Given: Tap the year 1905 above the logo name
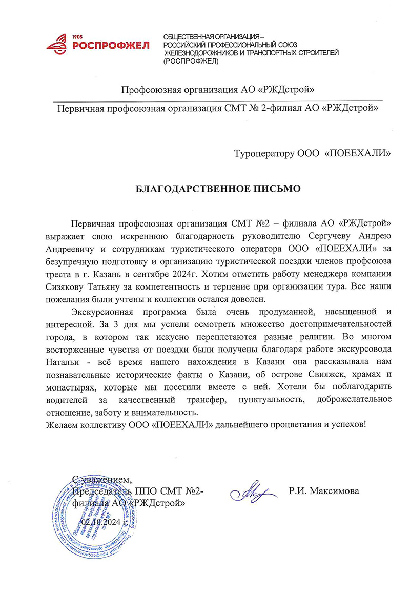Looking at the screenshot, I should click(78, 37).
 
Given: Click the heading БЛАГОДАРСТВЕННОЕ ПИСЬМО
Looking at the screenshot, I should click(218, 188).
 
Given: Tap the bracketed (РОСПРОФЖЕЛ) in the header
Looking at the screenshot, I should click(190, 61).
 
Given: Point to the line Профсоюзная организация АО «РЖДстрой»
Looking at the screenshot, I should click(217, 91).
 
